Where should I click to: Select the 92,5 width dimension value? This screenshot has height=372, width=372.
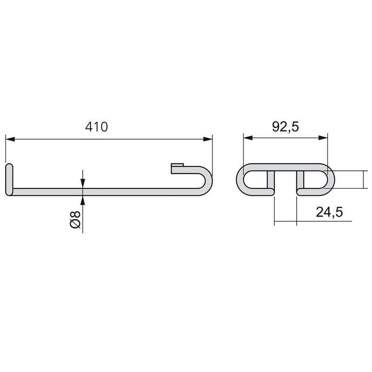click(286, 127)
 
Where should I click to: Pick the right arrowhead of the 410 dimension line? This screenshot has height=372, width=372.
click(207, 139)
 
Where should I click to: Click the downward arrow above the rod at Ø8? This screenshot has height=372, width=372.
click(83, 184)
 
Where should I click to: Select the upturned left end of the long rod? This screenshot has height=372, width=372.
click(9, 179)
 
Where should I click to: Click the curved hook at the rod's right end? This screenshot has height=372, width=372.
click(205, 179)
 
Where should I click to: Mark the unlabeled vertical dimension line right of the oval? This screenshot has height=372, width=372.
click(364, 179)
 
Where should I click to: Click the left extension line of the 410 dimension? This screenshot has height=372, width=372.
click(6, 149)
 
